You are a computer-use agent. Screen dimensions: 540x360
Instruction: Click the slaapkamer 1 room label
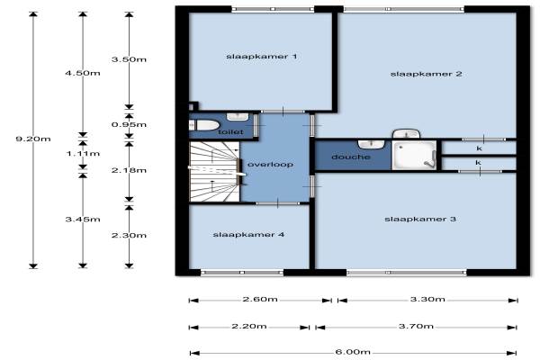tap(261, 57)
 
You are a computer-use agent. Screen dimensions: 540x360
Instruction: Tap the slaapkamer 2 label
tap(426, 74)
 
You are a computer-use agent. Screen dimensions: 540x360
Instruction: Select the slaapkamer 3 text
tap(420, 219)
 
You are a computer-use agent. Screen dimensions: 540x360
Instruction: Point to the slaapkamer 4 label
tap(248, 235)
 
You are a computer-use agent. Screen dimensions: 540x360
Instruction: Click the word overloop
tap(270, 165)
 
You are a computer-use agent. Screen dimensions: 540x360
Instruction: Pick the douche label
tap(351, 157)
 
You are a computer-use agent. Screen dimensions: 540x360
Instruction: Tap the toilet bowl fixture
tap(204, 125)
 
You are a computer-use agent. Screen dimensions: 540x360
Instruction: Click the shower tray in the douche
tap(414, 155)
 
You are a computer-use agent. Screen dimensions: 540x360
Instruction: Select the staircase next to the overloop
tap(215, 172)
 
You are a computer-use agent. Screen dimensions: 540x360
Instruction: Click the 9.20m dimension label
tap(33, 139)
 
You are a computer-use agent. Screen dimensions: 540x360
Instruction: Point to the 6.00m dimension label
tap(353, 352)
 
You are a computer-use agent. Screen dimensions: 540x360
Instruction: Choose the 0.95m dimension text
tap(129, 125)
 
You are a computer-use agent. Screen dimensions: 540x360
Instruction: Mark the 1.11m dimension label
tap(83, 154)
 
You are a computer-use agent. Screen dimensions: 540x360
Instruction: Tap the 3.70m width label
tap(416, 326)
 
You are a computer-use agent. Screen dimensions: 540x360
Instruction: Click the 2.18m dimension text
tap(129, 170)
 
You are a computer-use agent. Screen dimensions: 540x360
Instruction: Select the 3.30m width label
tap(427, 299)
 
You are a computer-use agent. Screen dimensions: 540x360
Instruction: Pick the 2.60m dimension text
tap(260, 299)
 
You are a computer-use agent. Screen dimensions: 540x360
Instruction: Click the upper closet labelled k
tap(479, 148)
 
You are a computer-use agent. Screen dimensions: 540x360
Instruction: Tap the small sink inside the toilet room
tap(238, 116)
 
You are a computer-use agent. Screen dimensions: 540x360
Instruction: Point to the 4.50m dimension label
tap(83, 73)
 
